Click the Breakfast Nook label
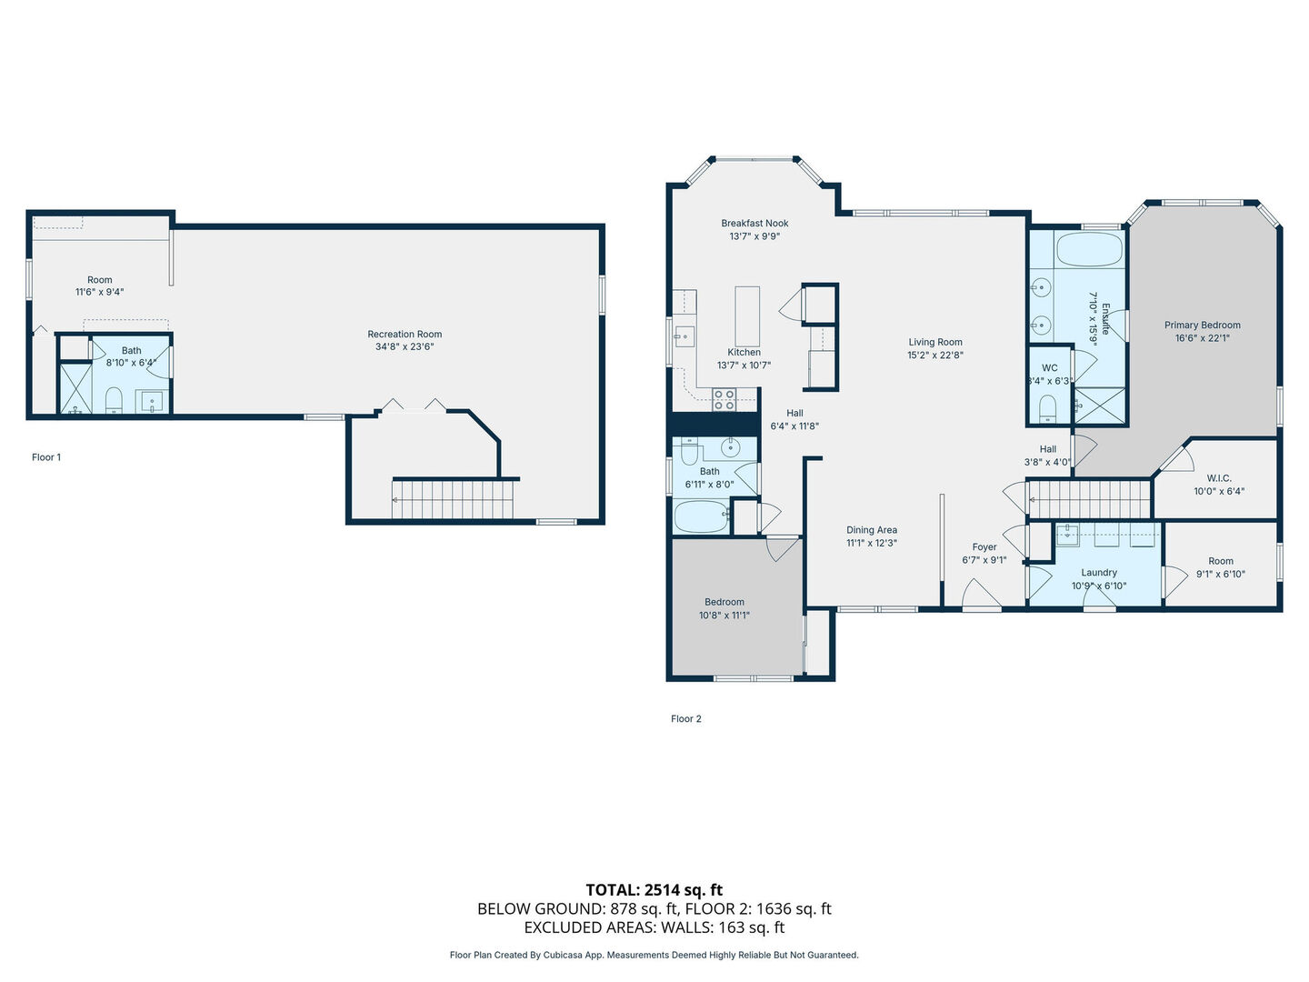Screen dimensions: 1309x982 [754, 223]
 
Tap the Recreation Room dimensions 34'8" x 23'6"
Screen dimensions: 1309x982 [405, 346]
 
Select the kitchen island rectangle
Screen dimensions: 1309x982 [747, 316]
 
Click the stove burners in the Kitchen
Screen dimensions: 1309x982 [724, 399]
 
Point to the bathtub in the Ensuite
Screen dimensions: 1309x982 [1089, 248]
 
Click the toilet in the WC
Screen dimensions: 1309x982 [1047, 409]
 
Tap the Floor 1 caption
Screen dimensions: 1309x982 [46, 457]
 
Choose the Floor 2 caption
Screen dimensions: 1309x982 [685, 718]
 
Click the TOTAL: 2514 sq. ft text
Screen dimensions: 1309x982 [654, 889]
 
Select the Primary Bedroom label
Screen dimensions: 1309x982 [1203, 325]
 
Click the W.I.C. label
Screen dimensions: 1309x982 [1219, 478]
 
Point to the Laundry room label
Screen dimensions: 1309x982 [1099, 573]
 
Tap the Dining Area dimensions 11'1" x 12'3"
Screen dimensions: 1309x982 [871, 543]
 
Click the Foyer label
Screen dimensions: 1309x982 [984, 546]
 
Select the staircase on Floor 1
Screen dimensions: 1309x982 [453, 500]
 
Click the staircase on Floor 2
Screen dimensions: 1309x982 [1089, 499]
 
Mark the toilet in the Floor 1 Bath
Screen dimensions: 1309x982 [114, 400]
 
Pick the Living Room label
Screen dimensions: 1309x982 [935, 342]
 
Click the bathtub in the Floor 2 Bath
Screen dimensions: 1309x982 [701, 516]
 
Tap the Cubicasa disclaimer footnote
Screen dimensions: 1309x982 [654, 955]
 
